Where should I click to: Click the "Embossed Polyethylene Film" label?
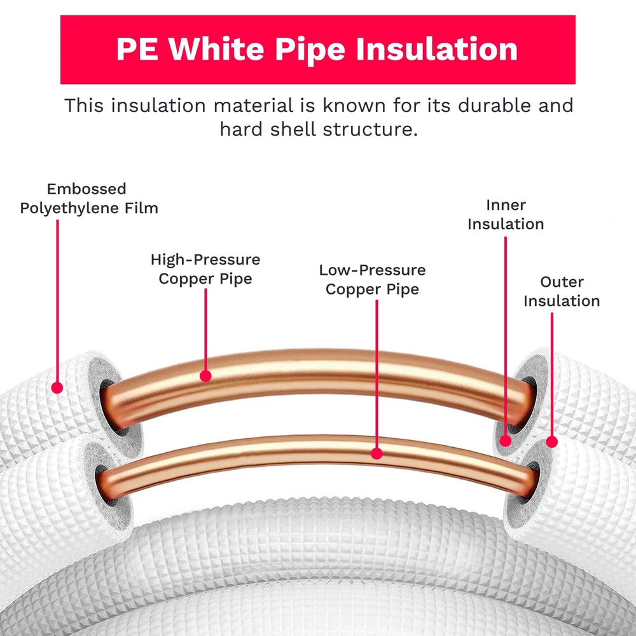coord(88,198)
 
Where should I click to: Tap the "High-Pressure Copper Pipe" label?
coord(205,269)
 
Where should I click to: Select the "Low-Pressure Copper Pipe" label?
coord(372,280)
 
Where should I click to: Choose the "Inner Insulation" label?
coord(506,214)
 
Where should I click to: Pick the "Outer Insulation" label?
coord(562,291)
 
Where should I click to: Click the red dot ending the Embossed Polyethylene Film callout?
coord(57,387)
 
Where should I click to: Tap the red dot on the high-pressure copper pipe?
coord(205,376)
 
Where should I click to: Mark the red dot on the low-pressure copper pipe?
coord(377,453)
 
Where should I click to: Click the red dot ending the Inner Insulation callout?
coord(506,440)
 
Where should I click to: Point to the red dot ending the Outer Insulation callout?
coord(551,441)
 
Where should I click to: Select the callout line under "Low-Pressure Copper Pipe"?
coord(377,375)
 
